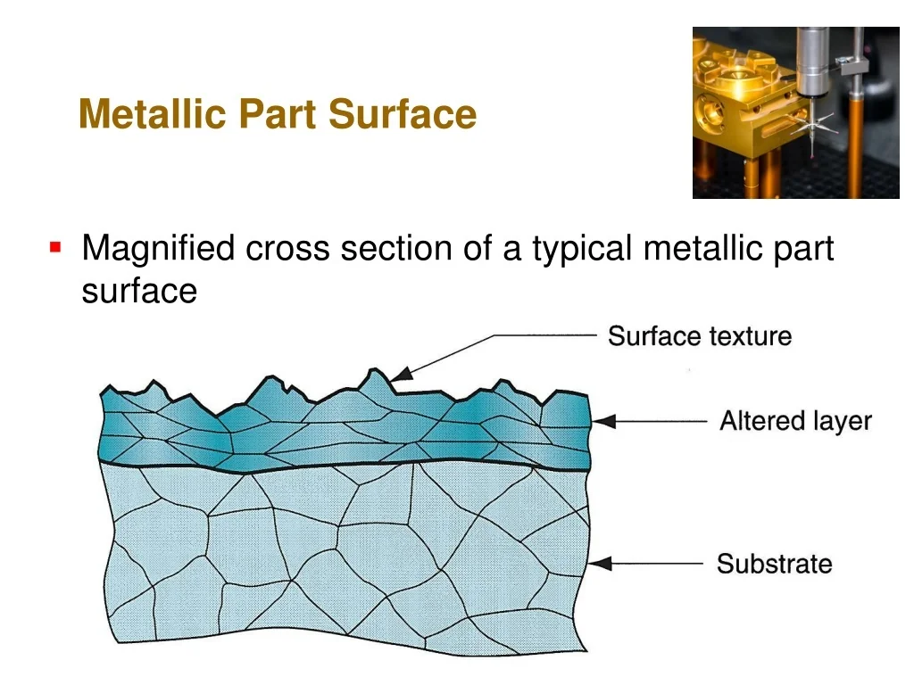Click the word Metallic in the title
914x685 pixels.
tap(152, 113)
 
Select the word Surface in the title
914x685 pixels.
tap(403, 113)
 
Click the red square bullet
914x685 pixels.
tap(55, 247)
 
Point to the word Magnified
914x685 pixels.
tap(158, 250)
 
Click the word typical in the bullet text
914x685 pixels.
tap(582, 250)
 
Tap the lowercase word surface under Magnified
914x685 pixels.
tap(139, 291)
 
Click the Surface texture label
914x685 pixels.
tap(700, 336)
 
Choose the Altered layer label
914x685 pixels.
tap(795, 421)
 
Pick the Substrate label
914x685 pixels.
tap(774, 564)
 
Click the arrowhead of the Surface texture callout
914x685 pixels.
tap(401, 374)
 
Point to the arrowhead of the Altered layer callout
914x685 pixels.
tap(604, 421)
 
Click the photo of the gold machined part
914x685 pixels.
tap(795, 112)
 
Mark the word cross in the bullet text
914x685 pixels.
tap(287, 248)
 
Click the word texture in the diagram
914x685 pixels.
tap(750, 336)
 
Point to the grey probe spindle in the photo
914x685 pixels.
tap(813, 62)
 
